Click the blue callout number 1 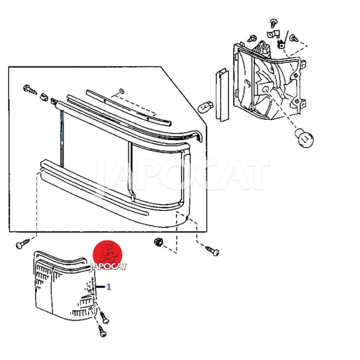click(109, 287)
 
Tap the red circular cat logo click(108, 254)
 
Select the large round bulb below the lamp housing click(304, 138)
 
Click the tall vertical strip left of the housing click(222, 95)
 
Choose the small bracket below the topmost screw click(273, 34)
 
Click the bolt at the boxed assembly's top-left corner click(30, 90)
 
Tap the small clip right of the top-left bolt click(44, 97)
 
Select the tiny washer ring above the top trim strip click(121, 91)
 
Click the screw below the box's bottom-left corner click(22, 243)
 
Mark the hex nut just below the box click(158, 242)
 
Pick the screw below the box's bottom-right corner click(212, 251)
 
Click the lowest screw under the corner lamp click(102, 331)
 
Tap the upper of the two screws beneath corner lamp click(104, 318)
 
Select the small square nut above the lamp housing click(280, 45)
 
